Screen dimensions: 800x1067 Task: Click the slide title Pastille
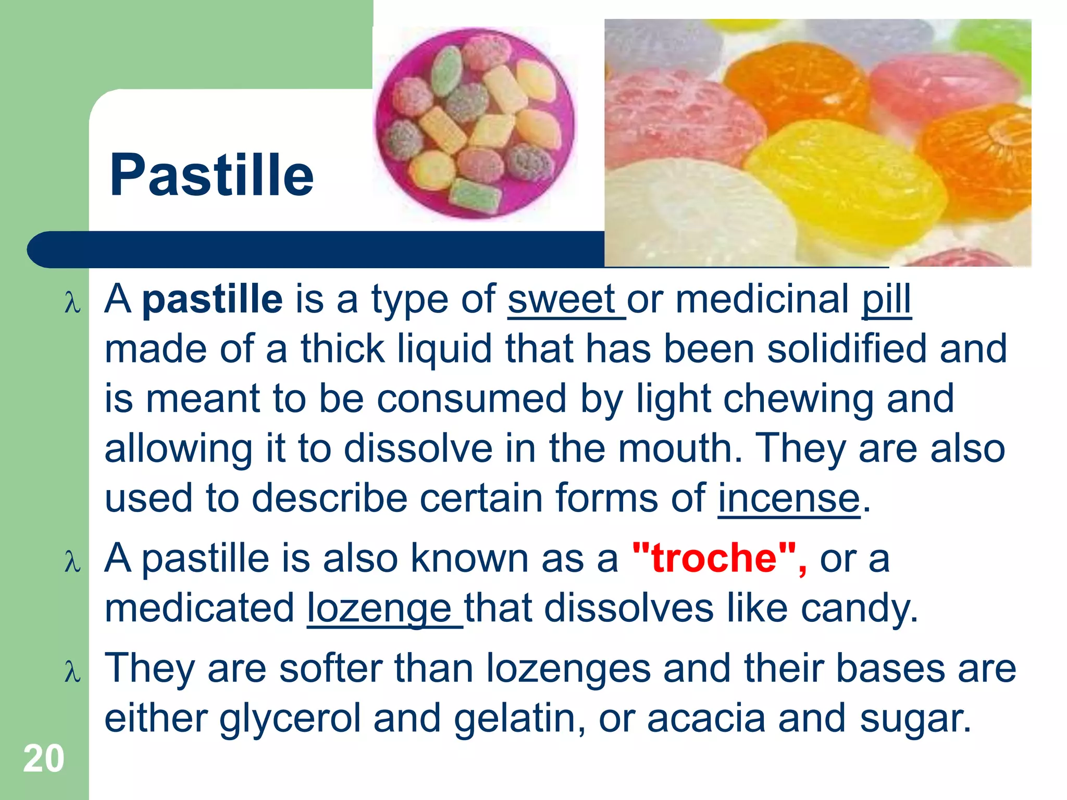coord(212,175)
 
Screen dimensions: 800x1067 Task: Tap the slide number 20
coord(44,759)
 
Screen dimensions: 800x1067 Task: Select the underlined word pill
coord(886,299)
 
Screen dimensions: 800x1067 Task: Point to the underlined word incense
coord(789,498)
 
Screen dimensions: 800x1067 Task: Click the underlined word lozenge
coord(379,608)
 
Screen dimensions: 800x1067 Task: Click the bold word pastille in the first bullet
coord(213,299)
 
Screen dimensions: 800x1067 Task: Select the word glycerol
coord(290,719)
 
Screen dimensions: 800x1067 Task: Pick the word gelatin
coord(515,719)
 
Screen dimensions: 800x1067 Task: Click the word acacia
coord(706,719)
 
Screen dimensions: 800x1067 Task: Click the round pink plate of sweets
coord(475,123)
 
